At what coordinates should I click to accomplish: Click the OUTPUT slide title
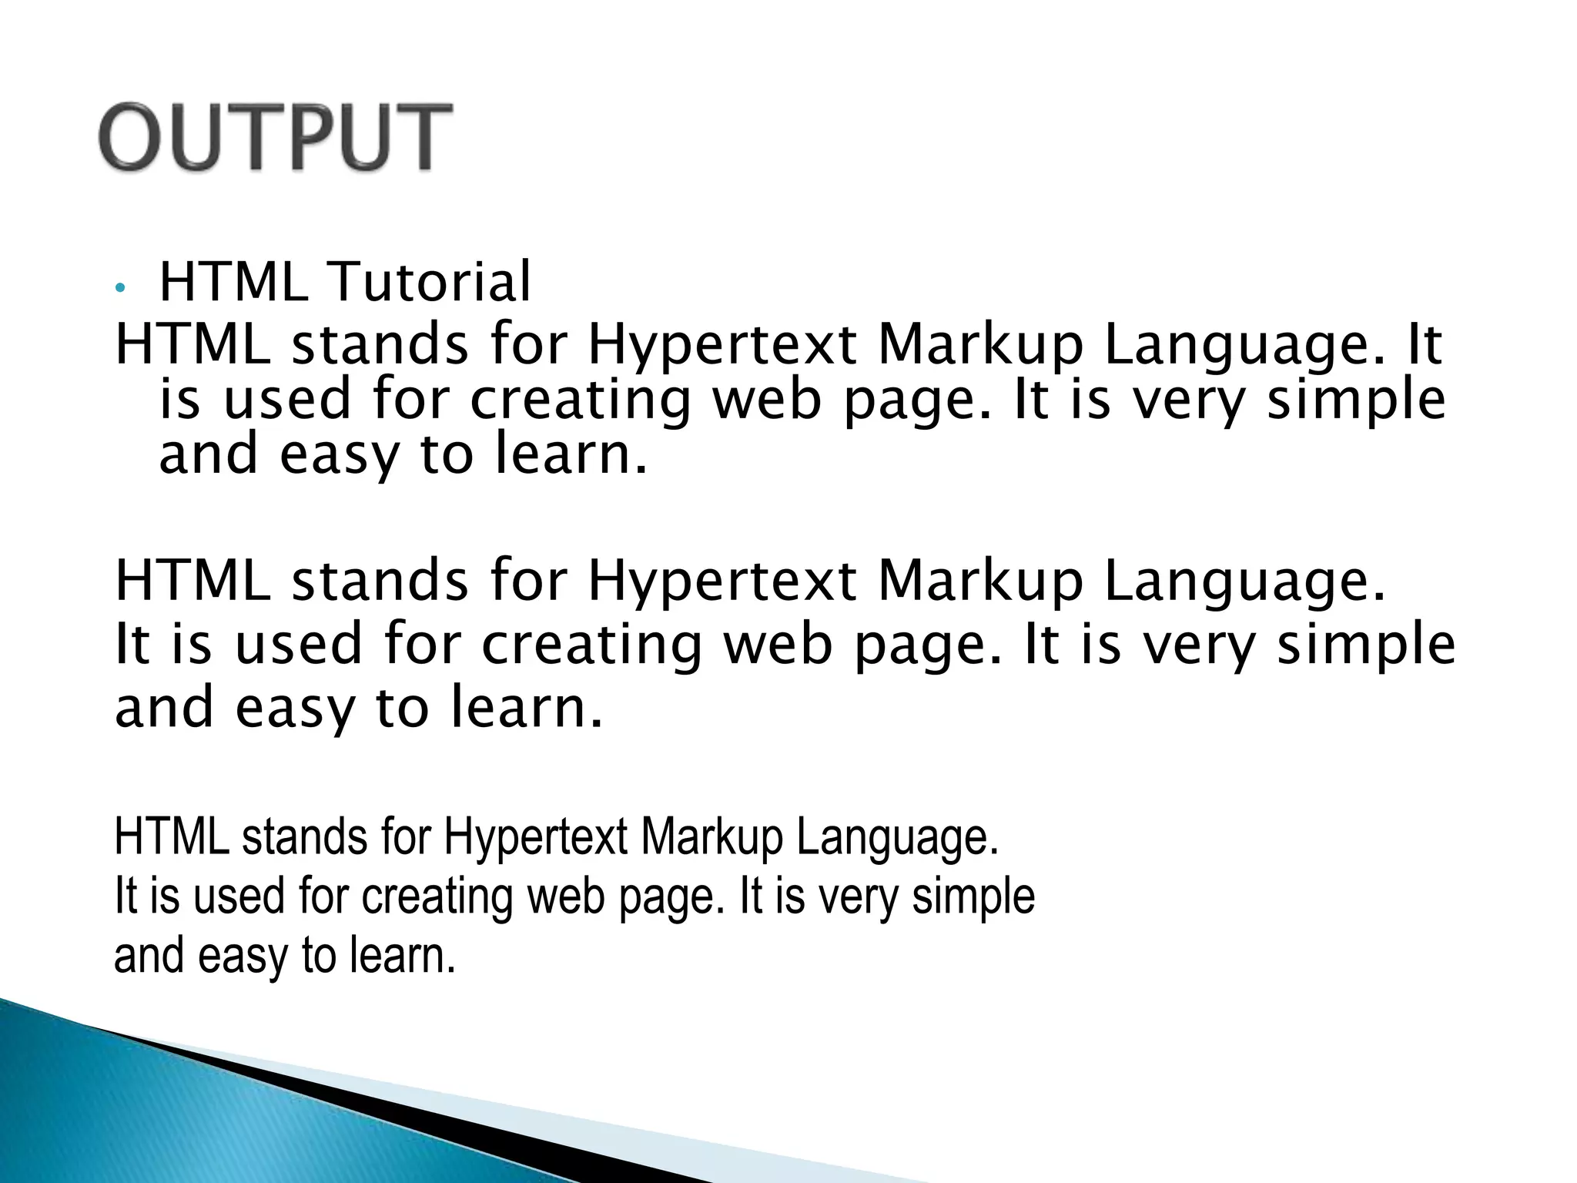pos(275,137)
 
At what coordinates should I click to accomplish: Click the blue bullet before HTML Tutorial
pos(119,287)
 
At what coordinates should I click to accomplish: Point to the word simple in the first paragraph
pos(1356,400)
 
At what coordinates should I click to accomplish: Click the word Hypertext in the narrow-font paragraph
pos(536,838)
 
